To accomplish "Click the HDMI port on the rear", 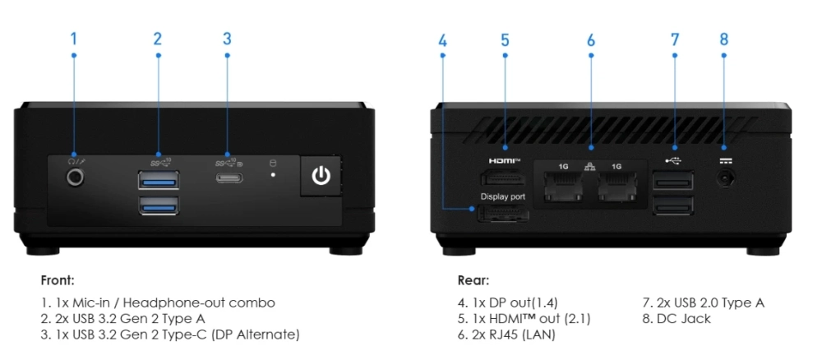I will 504,179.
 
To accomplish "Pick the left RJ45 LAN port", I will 563,187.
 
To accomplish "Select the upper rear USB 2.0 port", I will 672,180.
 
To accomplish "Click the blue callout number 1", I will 74,39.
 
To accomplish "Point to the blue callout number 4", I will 443,39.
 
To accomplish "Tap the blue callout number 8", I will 723,39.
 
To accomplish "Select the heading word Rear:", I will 473,279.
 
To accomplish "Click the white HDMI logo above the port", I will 505,161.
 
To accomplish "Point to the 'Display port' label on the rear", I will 502,197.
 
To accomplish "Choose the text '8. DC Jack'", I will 677,318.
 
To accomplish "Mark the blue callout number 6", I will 590,39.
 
